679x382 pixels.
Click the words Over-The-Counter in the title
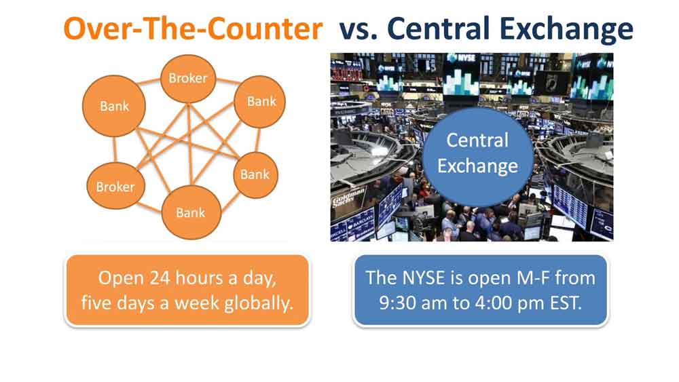click(193, 29)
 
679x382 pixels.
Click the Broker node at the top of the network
click(188, 78)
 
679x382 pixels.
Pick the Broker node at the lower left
click(115, 187)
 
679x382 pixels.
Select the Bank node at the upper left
click(114, 106)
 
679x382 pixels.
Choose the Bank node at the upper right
click(261, 102)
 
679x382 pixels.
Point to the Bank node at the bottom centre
click(190, 212)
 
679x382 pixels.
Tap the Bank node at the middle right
click(255, 175)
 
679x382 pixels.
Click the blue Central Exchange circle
click(477, 153)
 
